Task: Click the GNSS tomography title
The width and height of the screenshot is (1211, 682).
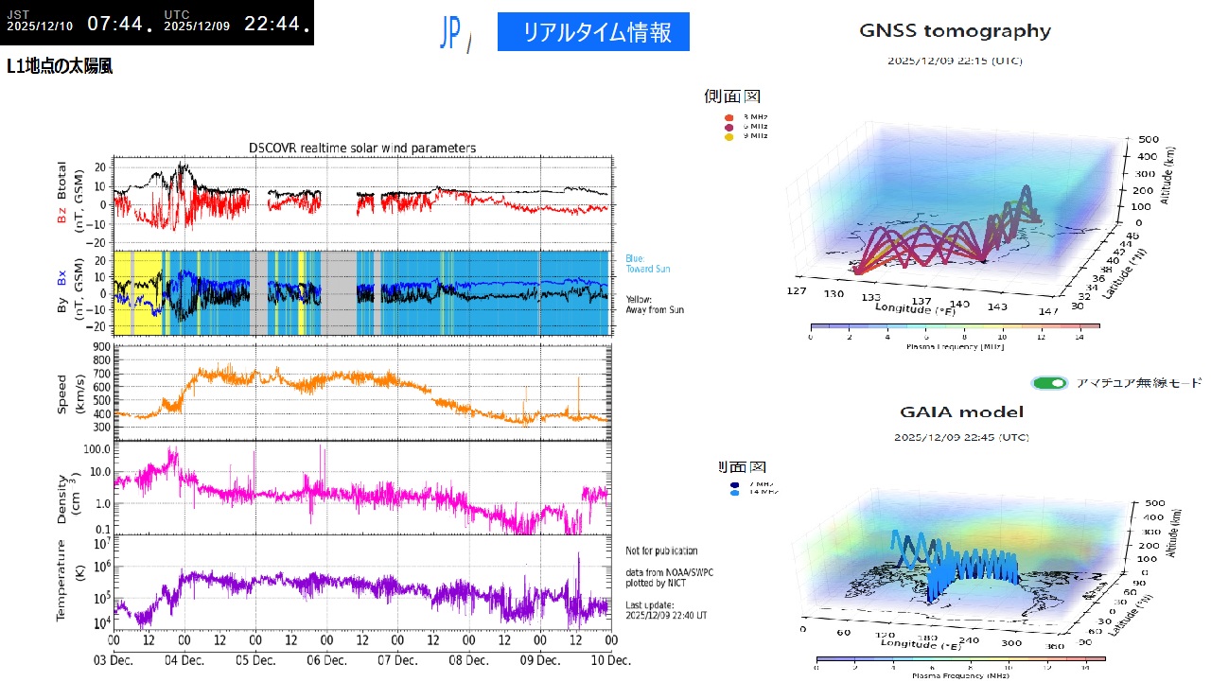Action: (955, 31)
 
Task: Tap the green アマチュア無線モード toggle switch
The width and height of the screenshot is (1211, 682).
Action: (1050, 383)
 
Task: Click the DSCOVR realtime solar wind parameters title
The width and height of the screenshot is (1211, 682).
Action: (362, 148)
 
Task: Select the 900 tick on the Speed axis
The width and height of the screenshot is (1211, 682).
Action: (101, 346)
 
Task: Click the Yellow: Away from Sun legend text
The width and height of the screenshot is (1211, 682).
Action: (654, 305)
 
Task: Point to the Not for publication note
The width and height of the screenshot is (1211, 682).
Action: (661, 551)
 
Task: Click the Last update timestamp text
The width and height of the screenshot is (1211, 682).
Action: (666, 609)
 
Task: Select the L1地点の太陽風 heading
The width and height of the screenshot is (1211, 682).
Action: (60, 67)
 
